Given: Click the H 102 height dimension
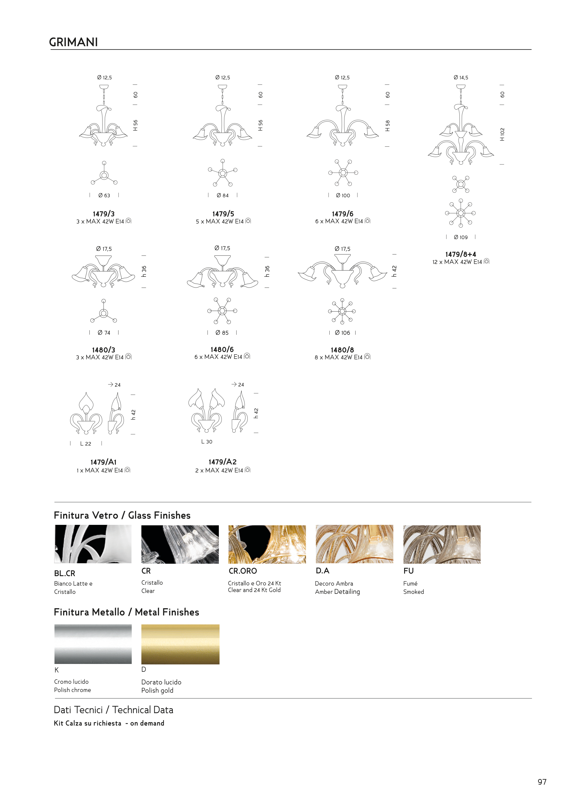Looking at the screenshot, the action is pyautogui.click(x=502, y=134).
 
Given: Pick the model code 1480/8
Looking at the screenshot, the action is pyautogui.click(x=342, y=350).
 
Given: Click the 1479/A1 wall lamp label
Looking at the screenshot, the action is pyautogui.click(x=103, y=462).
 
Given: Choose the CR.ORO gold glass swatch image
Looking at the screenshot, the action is pyautogui.click(x=267, y=544).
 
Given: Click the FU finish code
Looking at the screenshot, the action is pyautogui.click(x=408, y=571).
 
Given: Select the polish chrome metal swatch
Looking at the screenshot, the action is pyautogui.click(x=93, y=644).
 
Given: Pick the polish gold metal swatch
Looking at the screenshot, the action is pyautogui.click(x=180, y=644).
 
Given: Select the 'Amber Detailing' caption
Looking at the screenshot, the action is pyautogui.click(x=337, y=592).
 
